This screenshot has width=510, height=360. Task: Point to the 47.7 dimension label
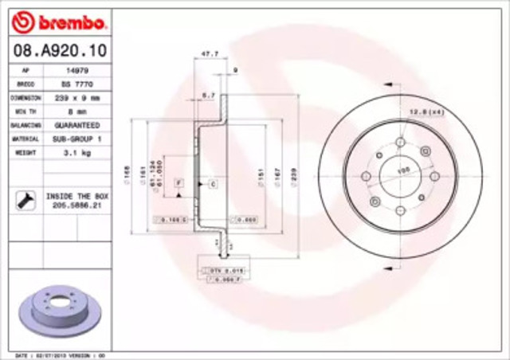tap(208, 54)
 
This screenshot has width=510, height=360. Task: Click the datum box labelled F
tap(179, 183)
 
